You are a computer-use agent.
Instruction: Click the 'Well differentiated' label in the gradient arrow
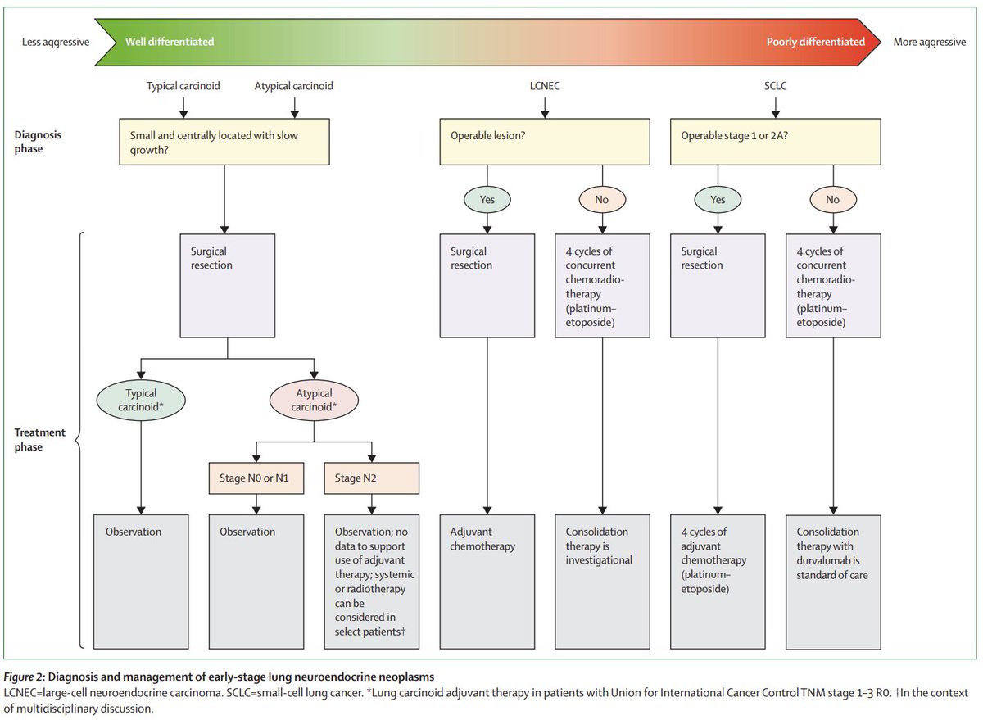coord(170,42)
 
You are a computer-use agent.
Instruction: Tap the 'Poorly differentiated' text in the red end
coord(815,42)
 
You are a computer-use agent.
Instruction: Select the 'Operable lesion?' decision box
coord(545,142)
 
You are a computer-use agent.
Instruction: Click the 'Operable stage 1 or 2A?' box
coord(776,142)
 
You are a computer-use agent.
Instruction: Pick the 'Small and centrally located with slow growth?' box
coord(224,142)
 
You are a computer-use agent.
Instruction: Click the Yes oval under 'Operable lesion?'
coord(487,200)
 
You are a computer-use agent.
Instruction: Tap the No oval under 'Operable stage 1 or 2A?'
coord(833,200)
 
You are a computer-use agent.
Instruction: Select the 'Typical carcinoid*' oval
coord(141,401)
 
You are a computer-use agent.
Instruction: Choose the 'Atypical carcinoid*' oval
coord(314,401)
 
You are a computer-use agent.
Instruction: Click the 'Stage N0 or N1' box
coord(256,478)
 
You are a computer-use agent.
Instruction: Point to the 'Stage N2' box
coord(372,478)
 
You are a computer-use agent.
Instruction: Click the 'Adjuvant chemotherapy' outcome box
coord(487,582)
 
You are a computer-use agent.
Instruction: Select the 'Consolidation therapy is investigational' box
coord(603,582)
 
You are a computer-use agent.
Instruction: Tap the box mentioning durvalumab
coord(833,582)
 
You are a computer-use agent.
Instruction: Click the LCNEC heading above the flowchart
coord(545,86)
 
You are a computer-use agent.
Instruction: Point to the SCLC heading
coord(776,86)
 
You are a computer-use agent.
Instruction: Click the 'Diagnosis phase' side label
coord(38,142)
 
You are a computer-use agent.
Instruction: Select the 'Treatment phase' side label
coord(39,440)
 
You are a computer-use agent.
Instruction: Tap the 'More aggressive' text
coord(930,42)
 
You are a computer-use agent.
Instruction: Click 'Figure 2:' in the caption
coord(25,677)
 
